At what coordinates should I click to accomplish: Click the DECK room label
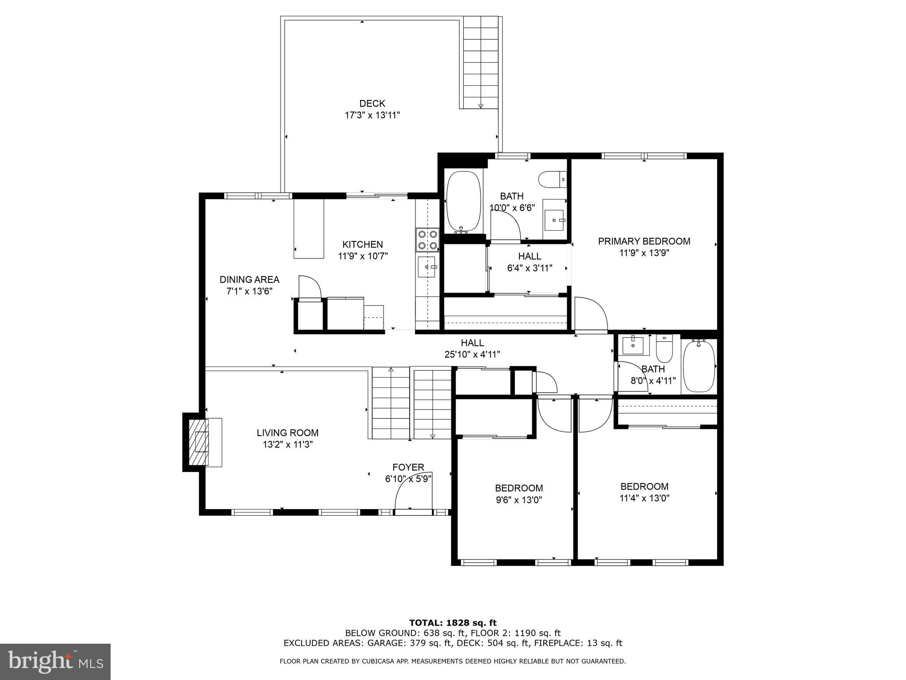click(x=372, y=104)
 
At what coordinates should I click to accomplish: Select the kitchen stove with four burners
click(x=427, y=239)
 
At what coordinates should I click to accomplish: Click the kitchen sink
click(x=426, y=267)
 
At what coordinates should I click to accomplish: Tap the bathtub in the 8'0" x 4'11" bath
click(x=699, y=366)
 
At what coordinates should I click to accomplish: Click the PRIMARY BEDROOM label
click(x=644, y=241)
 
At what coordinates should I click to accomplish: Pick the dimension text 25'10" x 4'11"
click(x=472, y=354)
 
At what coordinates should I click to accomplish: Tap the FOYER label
click(x=408, y=467)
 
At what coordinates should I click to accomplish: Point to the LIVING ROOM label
click(x=288, y=433)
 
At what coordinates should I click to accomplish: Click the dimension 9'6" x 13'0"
click(x=519, y=500)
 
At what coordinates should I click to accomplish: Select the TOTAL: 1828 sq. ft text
click(x=453, y=623)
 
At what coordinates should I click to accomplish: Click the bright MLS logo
click(x=55, y=661)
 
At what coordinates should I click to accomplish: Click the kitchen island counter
click(x=309, y=229)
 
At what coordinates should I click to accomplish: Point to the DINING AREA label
click(x=250, y=280)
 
